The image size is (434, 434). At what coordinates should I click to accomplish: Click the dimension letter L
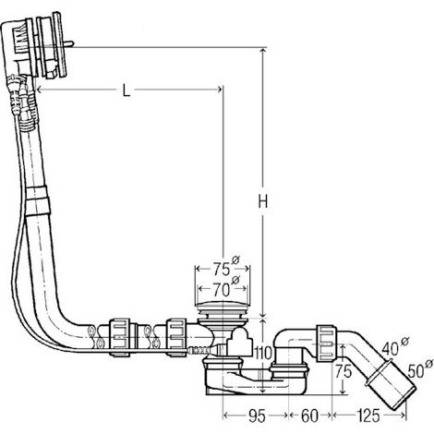coord(126,90)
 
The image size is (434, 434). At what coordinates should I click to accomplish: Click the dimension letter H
coord(262,202)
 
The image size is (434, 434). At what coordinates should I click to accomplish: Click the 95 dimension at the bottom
coord(256,416)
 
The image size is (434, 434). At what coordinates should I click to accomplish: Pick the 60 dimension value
coord(309,416)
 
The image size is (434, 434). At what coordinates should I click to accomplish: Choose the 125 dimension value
coord(368,416)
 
